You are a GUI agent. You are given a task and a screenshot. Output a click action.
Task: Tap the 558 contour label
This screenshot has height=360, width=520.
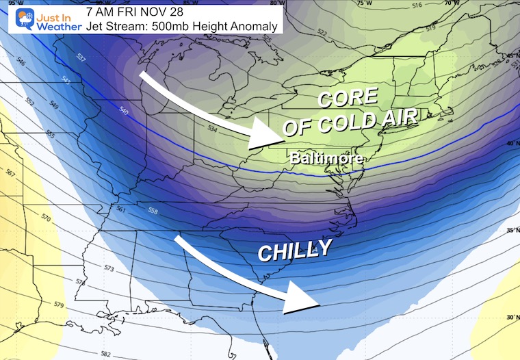[153, 211]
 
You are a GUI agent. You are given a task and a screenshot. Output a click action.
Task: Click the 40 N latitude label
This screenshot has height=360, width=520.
[508, 142]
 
